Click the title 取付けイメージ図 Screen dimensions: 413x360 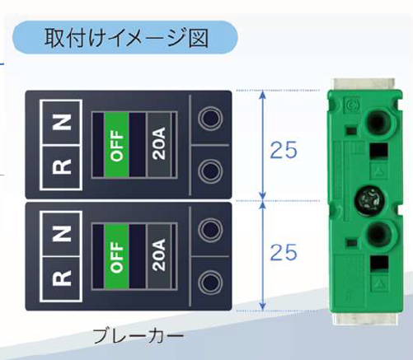pyautogui.click(x=126, y=38)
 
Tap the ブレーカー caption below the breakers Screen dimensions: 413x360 pyautogui.click(x=138, y=336)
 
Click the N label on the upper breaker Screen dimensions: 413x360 pyautogui.click(x=62, y=122)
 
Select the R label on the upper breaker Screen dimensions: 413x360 pyautogui.click(x=62, y=166)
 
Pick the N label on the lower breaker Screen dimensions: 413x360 pyautogui.click(x=62, y=233)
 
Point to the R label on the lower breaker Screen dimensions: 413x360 pyautogui.click(x=62, y=278)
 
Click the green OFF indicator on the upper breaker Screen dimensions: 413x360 pyautogui.click(x=116, y=145)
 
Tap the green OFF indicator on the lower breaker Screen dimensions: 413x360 pyautogui.click(x=116, y=256)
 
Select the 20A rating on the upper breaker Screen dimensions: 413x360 pyautogui.click(x=159, y=143)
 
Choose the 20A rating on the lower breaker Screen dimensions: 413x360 pyautogui.click(x=159, y=255)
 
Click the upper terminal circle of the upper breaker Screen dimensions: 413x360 pyautogui.click(x=210, y=119)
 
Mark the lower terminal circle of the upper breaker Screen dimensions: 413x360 pyautogui.click(x=210, y=171)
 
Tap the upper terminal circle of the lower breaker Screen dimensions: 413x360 pyautogui.click(x=210, y=230)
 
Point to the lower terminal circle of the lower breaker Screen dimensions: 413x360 pyautogui.click(x=210, y=282)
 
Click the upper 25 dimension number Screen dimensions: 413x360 pyautogui.click(x=284, y=150)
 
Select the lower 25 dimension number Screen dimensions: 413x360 pyautogui.click(x=284, y=252)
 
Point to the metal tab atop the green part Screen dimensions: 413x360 pyautogui.click(x=364, y=84)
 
